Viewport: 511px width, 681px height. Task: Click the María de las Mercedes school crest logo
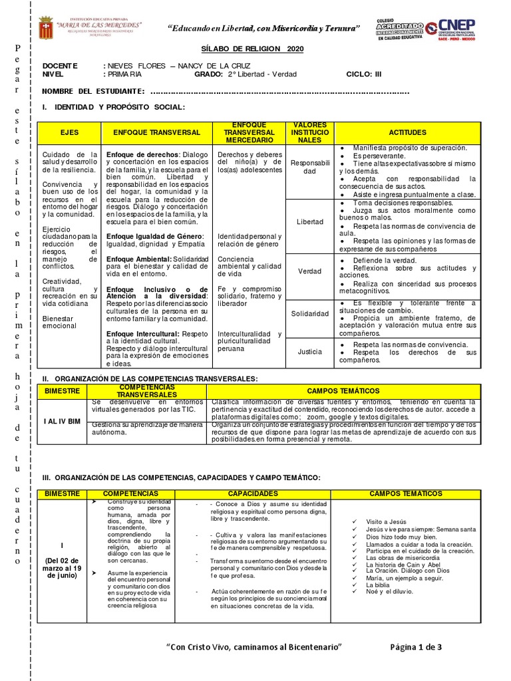46,28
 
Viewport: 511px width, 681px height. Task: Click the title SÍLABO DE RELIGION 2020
252,49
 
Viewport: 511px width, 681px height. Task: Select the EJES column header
69,133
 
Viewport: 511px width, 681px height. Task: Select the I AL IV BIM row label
63,421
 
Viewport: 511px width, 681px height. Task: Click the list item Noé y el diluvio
390,593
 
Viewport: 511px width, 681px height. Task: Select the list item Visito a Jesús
385,522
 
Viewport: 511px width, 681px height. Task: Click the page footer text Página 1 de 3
416,647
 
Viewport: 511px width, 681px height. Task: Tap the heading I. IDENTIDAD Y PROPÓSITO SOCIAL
114,107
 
